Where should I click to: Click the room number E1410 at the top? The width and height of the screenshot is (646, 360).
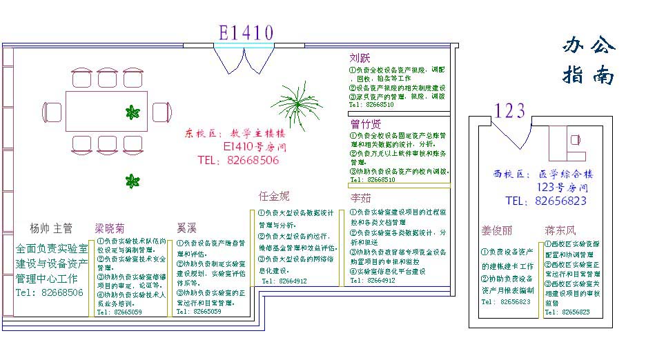coord(246,32)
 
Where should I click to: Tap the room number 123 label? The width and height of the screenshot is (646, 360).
coord(511,110)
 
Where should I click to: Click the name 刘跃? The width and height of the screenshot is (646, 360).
coord(361,58)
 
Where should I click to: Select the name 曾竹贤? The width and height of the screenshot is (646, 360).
coord(365,124)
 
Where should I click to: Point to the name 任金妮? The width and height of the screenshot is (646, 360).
coord(274,197)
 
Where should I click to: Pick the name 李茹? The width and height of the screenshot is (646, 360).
coord(361,199)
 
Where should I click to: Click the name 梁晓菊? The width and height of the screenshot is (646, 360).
coord(110,228)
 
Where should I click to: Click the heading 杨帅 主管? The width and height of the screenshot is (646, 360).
coord(51,228)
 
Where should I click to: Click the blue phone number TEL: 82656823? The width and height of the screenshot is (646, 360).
coord(546,201)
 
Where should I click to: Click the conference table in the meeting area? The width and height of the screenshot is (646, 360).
coord(107,111)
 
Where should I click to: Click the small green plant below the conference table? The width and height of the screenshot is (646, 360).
coord(133,181)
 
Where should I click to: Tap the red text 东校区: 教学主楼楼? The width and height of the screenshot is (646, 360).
coord(235,133)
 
